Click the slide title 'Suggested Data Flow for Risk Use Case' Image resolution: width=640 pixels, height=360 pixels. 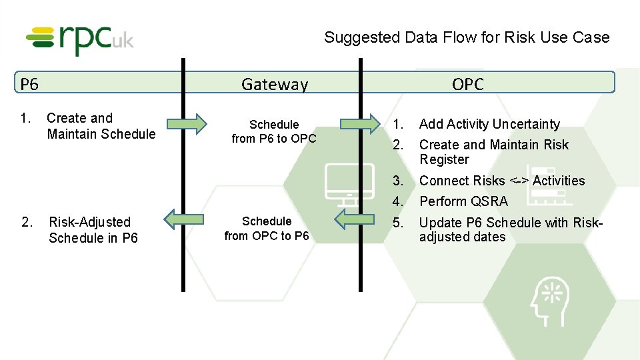467,37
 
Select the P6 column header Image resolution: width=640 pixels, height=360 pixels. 29,84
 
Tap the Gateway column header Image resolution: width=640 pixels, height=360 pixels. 275,84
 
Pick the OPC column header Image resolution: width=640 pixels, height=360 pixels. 467,84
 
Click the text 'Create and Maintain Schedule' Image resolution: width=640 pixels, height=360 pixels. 101,126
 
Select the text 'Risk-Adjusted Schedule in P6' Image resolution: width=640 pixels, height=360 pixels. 93,229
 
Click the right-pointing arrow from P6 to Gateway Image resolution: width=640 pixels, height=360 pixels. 187,123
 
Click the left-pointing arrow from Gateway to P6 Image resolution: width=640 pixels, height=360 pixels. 184,219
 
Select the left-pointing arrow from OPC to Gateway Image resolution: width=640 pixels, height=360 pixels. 355,219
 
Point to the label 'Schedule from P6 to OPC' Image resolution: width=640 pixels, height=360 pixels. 274,131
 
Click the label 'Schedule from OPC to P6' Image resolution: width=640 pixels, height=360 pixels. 267,228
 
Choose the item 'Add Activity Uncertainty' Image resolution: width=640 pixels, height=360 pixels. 489,124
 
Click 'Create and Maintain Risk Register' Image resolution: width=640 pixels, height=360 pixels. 493,152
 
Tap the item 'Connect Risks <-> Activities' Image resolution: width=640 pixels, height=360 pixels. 501,181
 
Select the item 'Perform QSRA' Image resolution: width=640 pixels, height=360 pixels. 463,201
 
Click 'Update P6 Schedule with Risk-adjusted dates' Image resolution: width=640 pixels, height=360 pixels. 510,229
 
